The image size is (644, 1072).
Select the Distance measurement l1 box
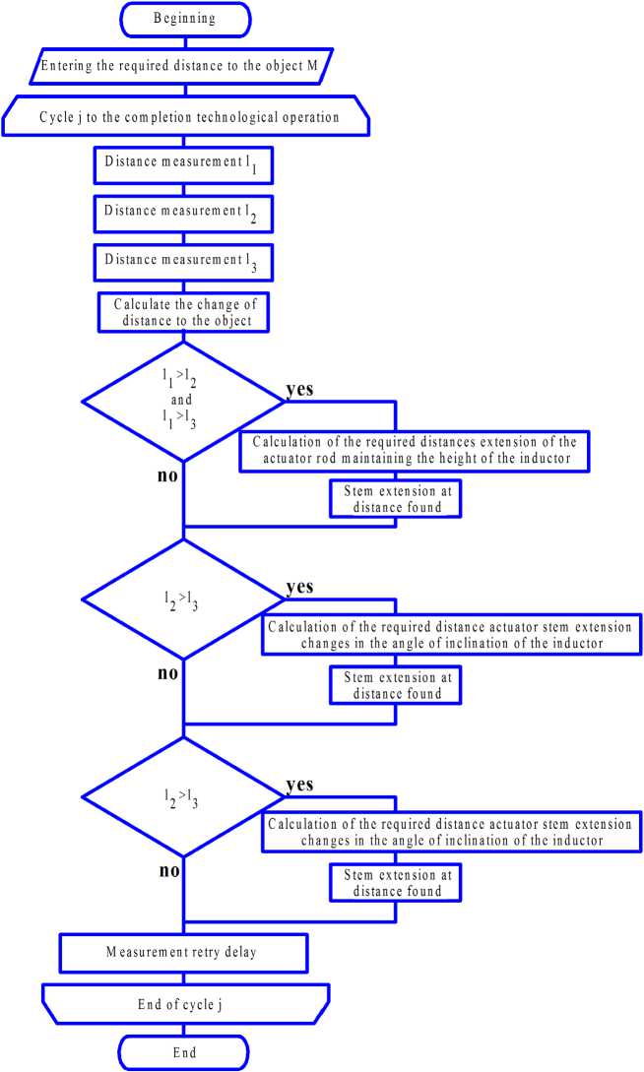pos(184,165)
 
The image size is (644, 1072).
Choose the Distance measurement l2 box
pos(184,212)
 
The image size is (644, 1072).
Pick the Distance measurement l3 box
pos(184,261)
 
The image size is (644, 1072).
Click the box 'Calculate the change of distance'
pos(184,311)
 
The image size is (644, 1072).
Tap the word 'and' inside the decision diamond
pos(183,401)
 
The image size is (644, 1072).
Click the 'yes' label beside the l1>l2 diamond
pos(299,389)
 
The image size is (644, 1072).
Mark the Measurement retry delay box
pos(184,952)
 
